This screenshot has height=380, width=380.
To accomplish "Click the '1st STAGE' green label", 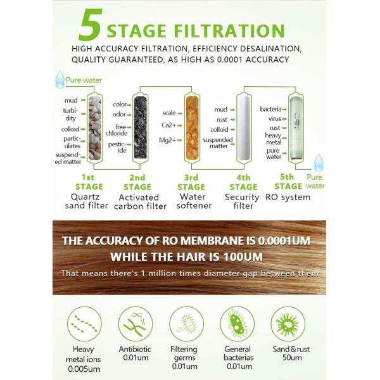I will point(88,182).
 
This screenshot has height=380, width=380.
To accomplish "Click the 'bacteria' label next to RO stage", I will point(270,110).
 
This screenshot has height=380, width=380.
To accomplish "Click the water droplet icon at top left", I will point(60,80).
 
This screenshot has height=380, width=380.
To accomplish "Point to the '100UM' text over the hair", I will point(244,257).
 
